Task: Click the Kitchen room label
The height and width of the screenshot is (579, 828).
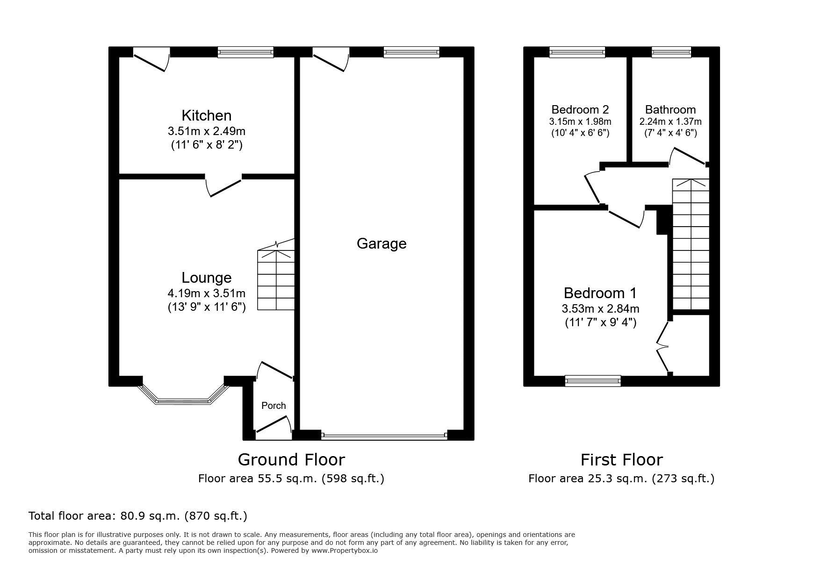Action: (x=206, y=115)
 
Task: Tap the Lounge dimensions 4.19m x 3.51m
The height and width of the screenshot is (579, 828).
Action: (x=206, y=293)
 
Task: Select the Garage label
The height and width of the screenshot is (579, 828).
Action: (x=381, y=243)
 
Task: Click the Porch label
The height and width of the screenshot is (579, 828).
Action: (x=274, y=405)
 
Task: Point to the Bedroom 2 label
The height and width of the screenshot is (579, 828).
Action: (x=580, y=109)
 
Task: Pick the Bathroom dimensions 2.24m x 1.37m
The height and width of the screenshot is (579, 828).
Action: (x=670, y=122)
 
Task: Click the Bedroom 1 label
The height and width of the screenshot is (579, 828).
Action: (x=600, y=293)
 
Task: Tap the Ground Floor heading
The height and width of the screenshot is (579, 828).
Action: (x=291, y=459)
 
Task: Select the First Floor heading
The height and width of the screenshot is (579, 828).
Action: (x=621, y=460)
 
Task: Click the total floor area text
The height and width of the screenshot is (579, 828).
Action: (x=138, y=515)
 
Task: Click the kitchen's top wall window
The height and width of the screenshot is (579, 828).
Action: (x=245, y=52)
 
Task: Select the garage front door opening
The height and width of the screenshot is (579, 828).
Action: (x=384, y=436)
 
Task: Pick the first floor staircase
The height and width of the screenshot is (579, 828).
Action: (x=691, y=244)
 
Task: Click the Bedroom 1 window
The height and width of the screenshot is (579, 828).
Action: (x=593, y=381)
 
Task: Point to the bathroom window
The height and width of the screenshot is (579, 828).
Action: (x=671, y=52)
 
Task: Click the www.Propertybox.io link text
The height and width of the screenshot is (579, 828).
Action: (x=345, y=550)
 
